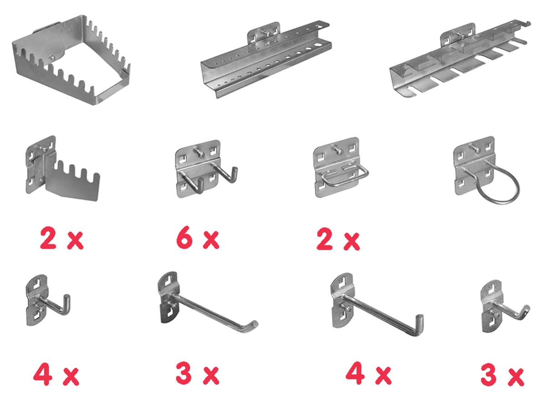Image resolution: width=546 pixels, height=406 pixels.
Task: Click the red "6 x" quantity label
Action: pyautogui.click(x=197, y=238)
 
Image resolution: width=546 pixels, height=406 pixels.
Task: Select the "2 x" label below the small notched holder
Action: pyautogui.click(x=61, y=239)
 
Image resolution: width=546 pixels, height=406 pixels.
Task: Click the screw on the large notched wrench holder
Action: pyautogui.click(x=52, y=58)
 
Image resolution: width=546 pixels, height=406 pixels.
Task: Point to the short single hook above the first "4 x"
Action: pyautogui.click(x=48, y=300)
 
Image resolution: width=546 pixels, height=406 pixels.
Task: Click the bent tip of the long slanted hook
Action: pyautogui.click(x=253, y=324)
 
